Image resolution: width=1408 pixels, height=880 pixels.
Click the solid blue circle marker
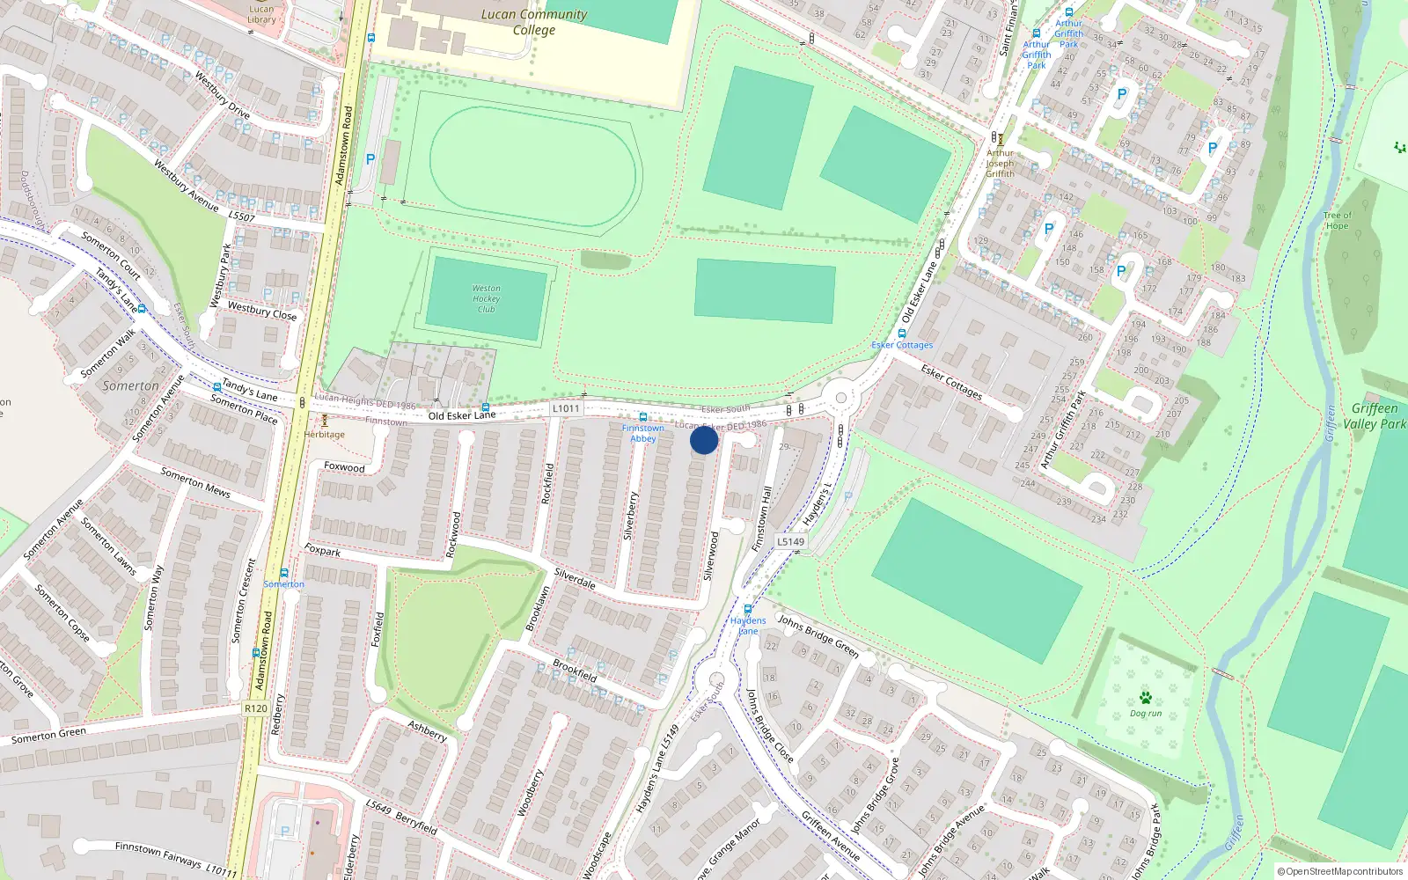coord(704,440)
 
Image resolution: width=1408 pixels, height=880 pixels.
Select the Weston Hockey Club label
coord(486,299)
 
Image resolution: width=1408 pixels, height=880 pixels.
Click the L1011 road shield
coord(567,408)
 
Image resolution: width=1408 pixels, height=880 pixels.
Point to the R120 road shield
coord(256,708)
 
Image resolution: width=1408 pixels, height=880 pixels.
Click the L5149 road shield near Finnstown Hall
coord(790,542)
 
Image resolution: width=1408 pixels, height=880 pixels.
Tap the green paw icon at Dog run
coord(1145,698)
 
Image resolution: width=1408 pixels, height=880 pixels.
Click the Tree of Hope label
coord(1337,220)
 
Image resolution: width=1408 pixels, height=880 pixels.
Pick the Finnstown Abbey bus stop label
coord(643,433)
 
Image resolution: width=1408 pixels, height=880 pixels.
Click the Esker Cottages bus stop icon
coord(901,334)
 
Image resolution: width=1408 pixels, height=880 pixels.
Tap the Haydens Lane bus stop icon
coord(748,609)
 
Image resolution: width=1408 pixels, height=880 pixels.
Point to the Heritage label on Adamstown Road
coord(325,435)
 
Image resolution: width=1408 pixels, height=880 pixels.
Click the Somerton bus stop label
coord(283,584)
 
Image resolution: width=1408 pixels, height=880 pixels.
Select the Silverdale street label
coord(575,578)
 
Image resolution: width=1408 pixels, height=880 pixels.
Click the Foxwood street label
coord(344,467)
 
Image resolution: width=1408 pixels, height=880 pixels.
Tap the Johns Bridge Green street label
coord(818,635)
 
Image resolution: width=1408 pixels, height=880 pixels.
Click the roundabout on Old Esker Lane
coord(841,398)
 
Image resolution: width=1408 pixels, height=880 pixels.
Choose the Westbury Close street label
coord(262,311)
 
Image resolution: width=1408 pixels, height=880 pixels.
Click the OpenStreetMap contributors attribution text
coord(1340,872)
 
